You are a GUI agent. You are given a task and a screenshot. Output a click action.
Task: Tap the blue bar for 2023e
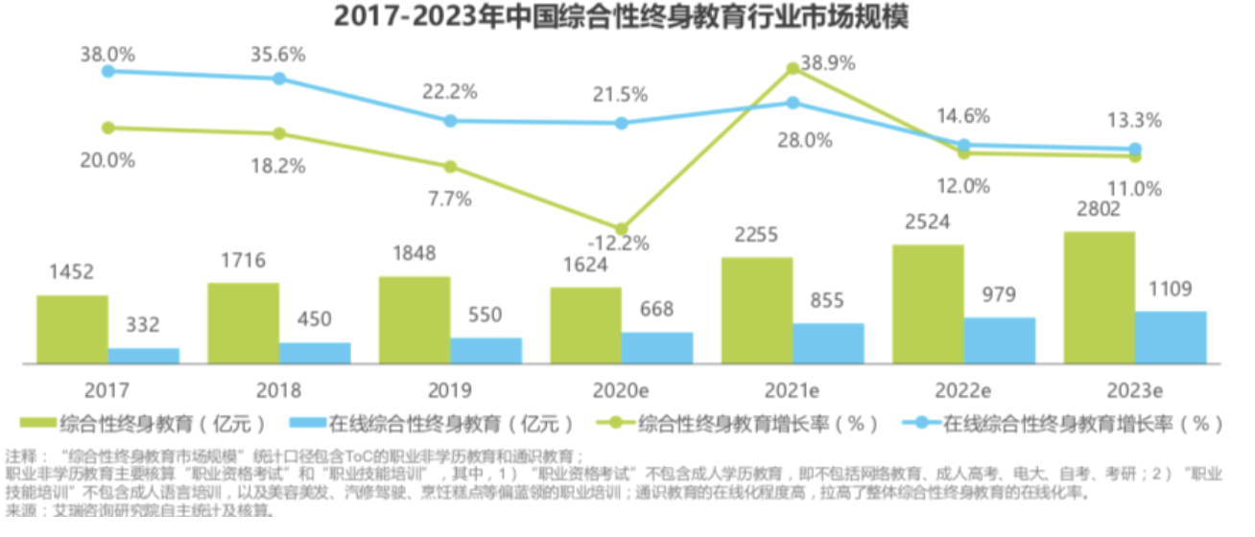1171,338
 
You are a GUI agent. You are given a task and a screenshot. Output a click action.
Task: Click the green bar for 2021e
757,310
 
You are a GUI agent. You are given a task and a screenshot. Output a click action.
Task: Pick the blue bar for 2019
485,350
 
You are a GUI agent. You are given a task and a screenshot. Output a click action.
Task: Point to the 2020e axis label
621,390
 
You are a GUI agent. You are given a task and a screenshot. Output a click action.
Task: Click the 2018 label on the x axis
278,390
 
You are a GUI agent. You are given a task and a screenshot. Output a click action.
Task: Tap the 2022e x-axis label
963,390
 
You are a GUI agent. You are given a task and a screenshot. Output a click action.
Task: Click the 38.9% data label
827,64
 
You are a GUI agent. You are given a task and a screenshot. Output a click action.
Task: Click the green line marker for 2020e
622,228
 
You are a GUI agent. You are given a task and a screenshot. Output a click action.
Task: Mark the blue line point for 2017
108,70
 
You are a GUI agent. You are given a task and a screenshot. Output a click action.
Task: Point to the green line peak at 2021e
793,69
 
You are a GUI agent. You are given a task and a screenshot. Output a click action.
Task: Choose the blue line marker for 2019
450,121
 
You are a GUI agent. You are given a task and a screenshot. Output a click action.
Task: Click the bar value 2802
1099,210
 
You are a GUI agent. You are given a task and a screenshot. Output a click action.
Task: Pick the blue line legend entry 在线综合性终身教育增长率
1055,424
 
